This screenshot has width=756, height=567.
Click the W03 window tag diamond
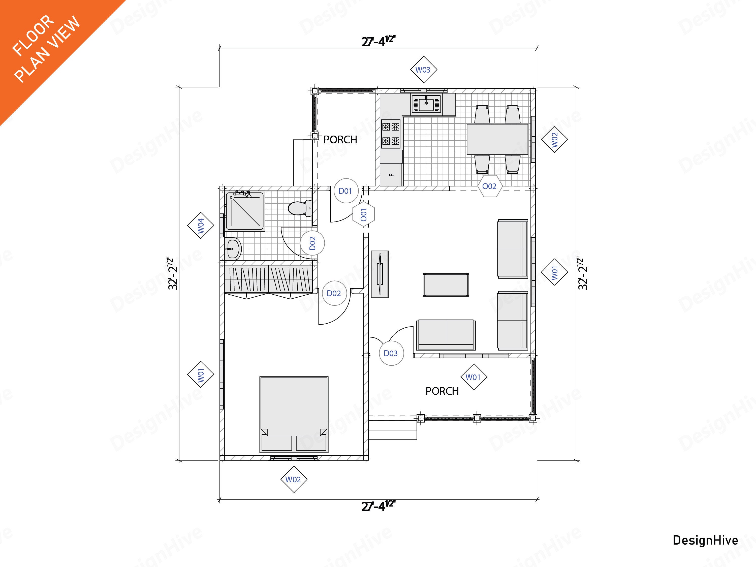pos(423,70)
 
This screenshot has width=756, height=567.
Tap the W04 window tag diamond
pos(201,226)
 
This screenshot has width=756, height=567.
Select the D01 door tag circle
pos(345,191)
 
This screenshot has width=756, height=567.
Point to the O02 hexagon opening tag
pos(489,186)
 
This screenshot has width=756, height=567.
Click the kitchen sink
pos(426,104)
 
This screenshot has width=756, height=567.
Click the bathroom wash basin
pos(233,248)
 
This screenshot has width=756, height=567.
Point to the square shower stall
pos(245,211)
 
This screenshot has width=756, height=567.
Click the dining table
pos(497,139)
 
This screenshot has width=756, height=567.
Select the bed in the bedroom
pos(294,414)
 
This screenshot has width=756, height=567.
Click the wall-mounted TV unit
pos(380,274)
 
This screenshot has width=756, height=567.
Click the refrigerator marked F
pos(391,175)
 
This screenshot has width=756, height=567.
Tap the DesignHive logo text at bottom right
pos(705,540)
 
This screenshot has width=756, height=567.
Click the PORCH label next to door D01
pos(340,140)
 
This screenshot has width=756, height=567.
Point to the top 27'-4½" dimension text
pos(378,41)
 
